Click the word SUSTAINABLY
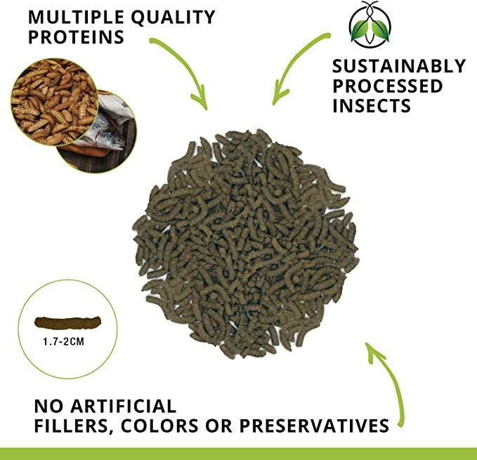[398, 66]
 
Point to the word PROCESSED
[387, 86]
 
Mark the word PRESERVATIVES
[315, 426]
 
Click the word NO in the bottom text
[48, 405]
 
